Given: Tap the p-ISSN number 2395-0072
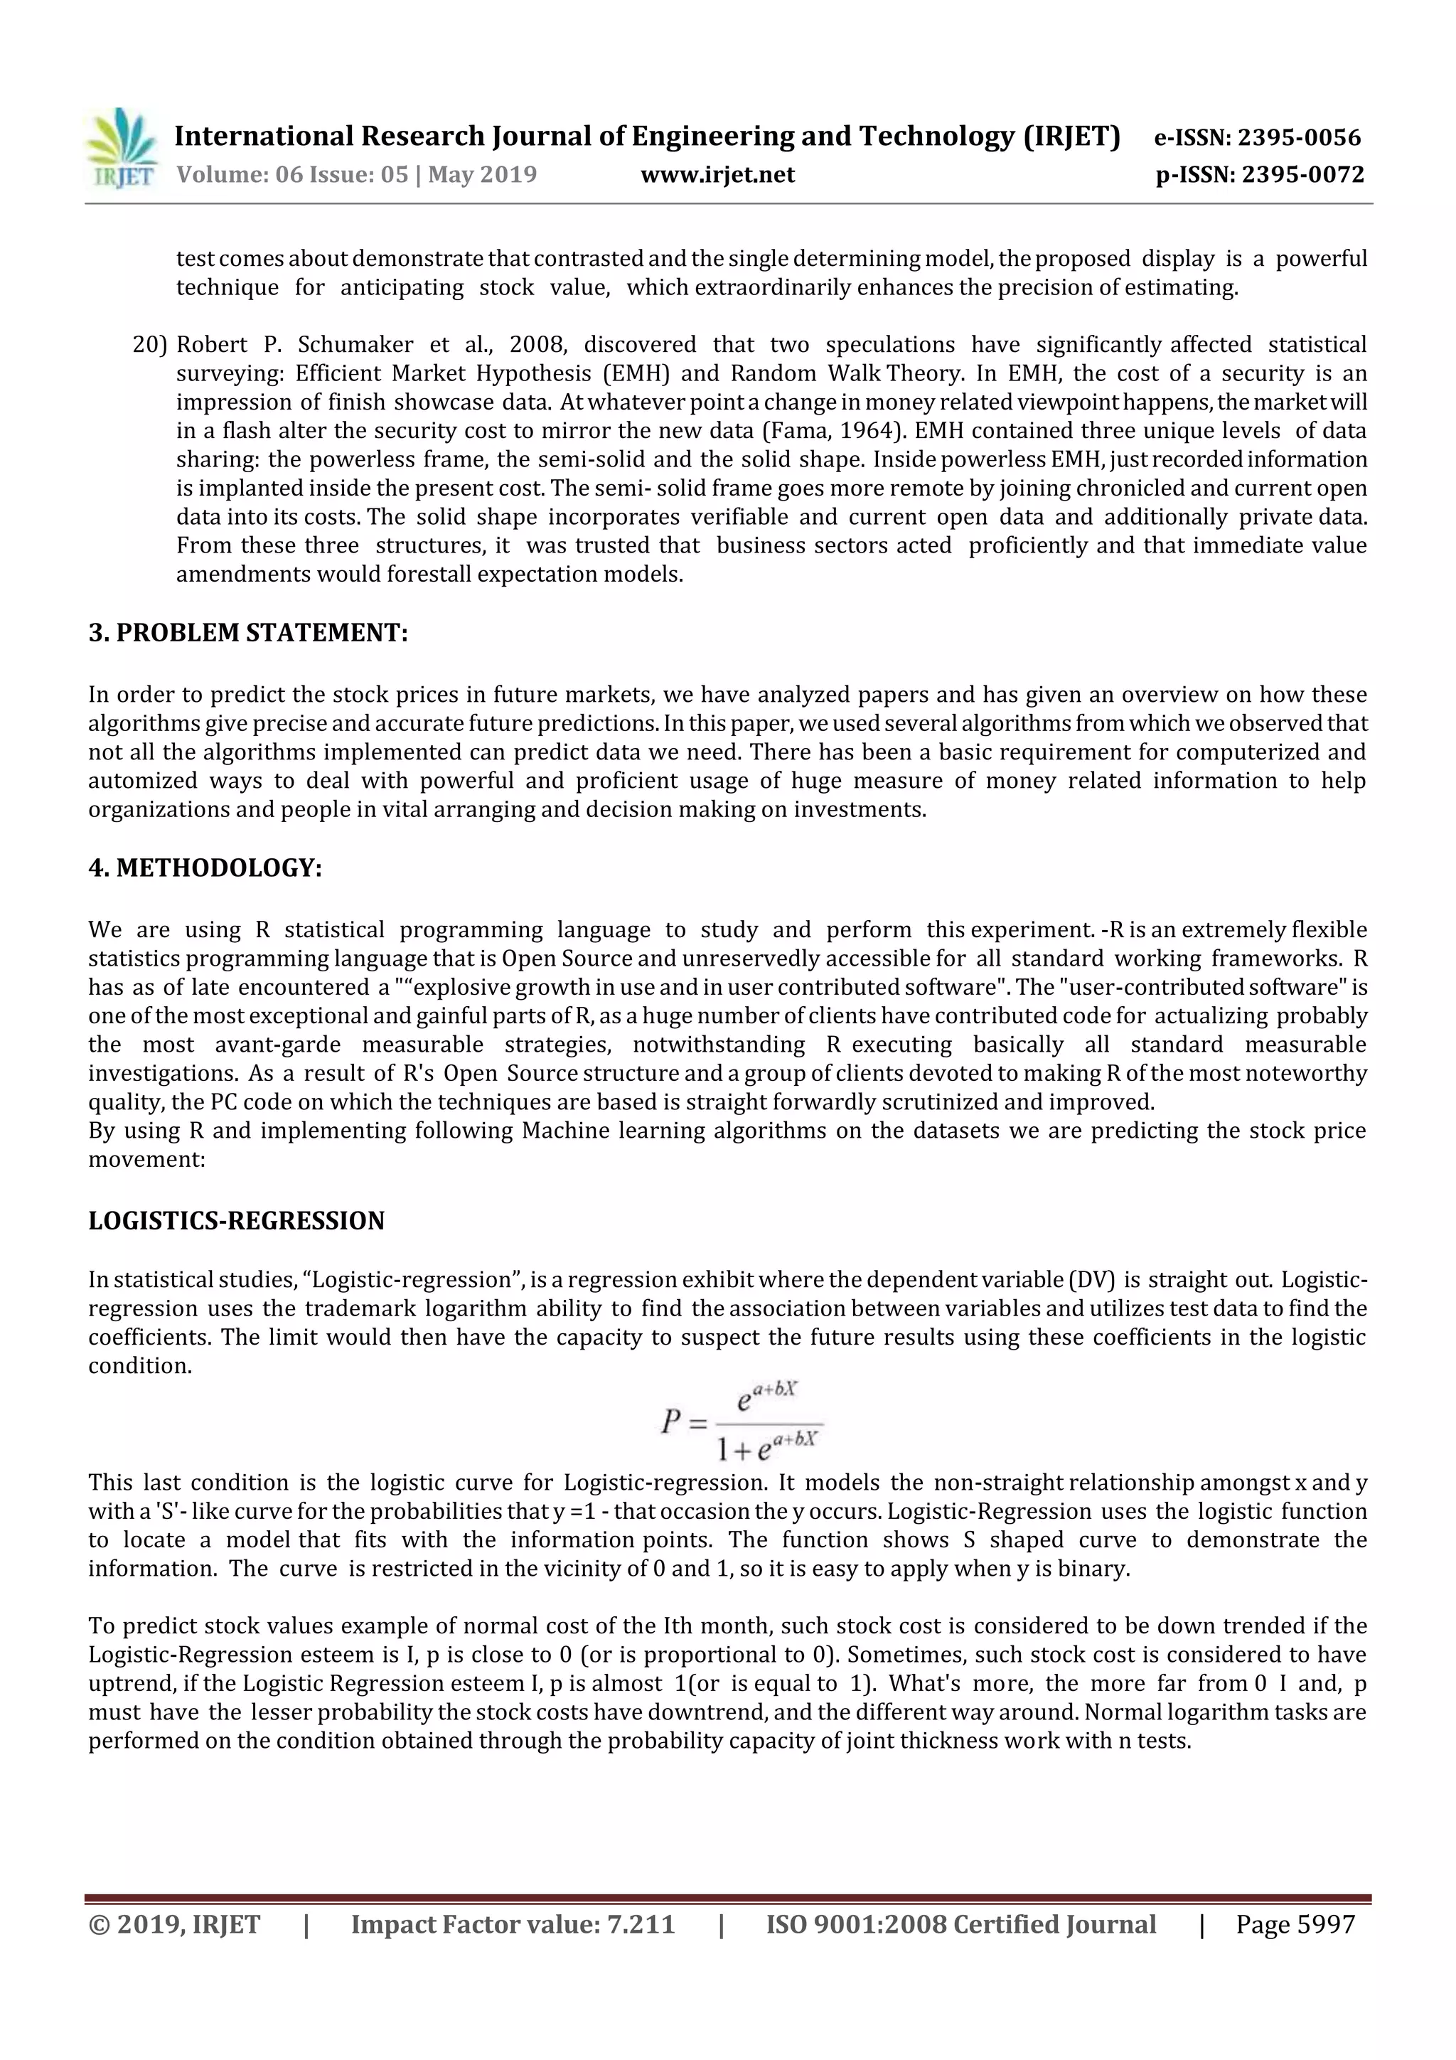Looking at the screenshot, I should (1302, 175).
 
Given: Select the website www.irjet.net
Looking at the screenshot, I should (717, 175).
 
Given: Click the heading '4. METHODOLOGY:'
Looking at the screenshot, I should (205, 868).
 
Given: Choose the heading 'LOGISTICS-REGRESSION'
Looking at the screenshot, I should (236, 1221).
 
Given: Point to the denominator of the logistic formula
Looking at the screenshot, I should (767, 1444).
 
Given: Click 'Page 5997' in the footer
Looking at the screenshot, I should (1295, 1924).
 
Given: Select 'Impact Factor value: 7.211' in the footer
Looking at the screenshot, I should (513, 1924).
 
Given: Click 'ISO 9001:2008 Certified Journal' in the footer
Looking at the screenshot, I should (960, 1924).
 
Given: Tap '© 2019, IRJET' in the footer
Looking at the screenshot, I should (174, 1924).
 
